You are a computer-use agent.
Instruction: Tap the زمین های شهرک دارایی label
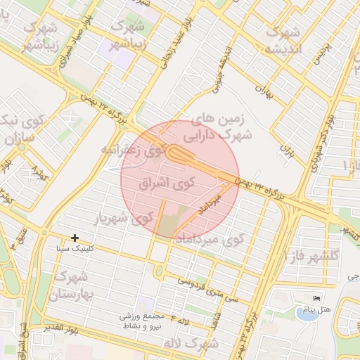220,126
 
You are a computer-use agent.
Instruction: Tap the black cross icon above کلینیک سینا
75,239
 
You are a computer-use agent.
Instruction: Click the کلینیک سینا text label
74,249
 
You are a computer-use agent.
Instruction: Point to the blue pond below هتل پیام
306,314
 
